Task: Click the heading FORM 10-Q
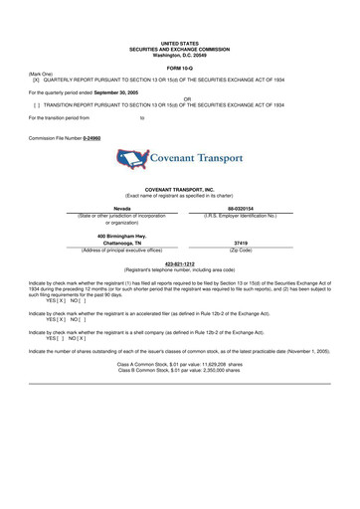pos(180,67)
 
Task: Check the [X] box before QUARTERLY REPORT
pos(37,80)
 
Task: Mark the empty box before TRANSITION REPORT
pos(37,104)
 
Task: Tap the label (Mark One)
pos(41,74)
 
